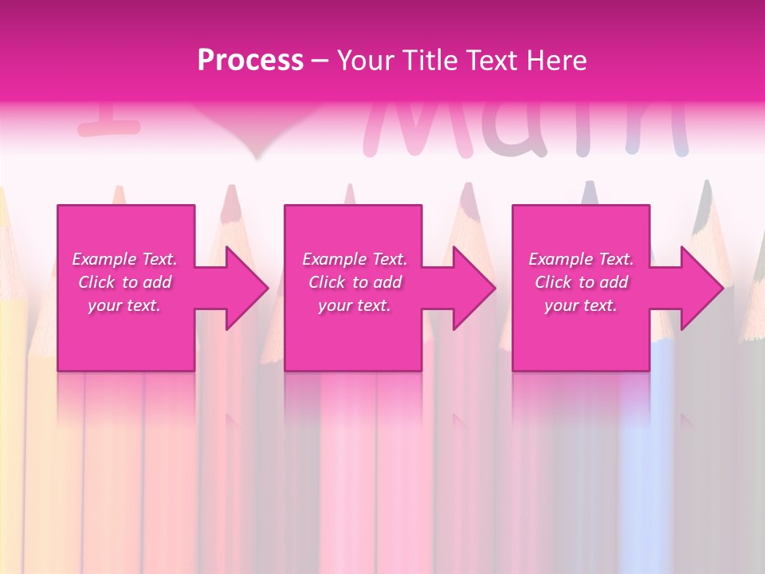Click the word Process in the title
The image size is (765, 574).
coord(250,60)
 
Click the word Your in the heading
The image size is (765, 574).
coord(366,60)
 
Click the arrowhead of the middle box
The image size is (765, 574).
coord(473,288)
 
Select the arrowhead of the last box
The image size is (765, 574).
coord(701,288)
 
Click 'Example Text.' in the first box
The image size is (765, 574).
coord(124,259)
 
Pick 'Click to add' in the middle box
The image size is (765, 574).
coord(355,282)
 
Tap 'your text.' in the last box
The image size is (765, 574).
coord(581,305)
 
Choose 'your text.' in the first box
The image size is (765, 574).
coord(124,305)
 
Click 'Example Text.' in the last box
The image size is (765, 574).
coord(581,259)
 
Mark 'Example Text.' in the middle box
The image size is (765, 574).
coord(355,259)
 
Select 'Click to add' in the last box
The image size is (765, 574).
coord(581,282)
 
